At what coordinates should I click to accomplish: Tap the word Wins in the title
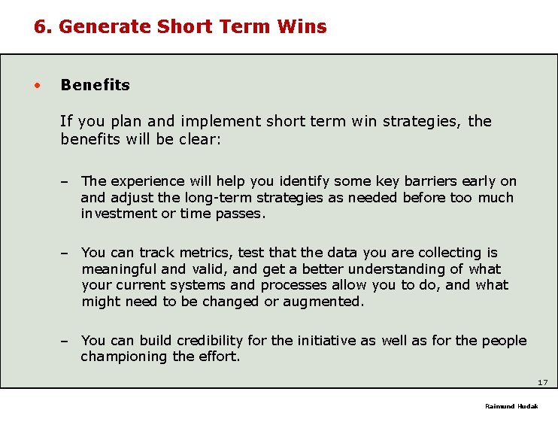pos(302,27)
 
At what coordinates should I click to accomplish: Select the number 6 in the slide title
pos(40,27)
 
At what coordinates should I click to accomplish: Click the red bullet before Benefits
pos(36,84)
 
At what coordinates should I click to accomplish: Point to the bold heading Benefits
pos(95,85)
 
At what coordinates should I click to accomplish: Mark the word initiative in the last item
pos(326,341)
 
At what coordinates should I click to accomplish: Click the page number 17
pos(543,383)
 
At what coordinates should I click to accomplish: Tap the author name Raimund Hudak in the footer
pos(511,406)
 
